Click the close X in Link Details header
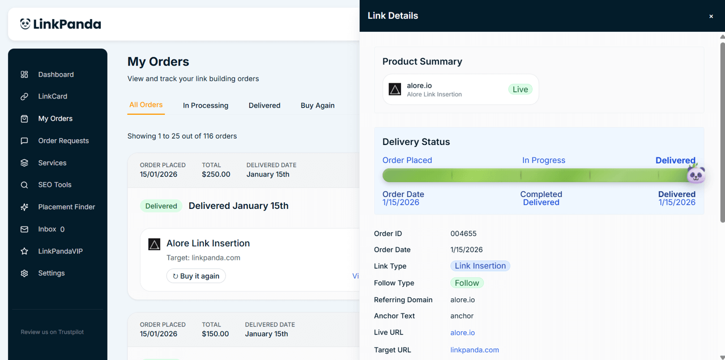pyautogui.click(x=711, y=16)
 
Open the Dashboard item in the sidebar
pyautogui.click(x=56, y=75)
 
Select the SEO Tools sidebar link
pyautogui.click(x=54, y=185)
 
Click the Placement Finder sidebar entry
pyautogui.click(x=66, y=207)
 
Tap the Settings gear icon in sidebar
pyautogui.click(x=24, y=273)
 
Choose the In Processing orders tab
pyautogui.click(x=206, y=106)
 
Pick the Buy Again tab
pyautogui.click(x=317, y=106)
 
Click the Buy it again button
pyautogui.click(x=196, y=276)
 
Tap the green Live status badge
pyautogui.click(x=520, y=89)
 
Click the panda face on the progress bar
pyautogui.click(x=696, y=174)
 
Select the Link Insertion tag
pyautogui.click(x=480, y=266)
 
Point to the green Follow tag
pyautogui.click(x=467, y=283)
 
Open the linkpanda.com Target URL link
pyautogui.click(x=475, y=350)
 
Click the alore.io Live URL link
pyautogui.click(x=463, y=333)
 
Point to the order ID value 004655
pyautogui.click(x=463, y=234)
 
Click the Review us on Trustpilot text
pyautogui.click(x=52, y=332)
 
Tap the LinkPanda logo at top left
pyautogui.click(x=61, y=24)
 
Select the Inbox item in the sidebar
pyautogui.click(x=47, y=229)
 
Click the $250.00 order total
pyautogui.click(x=216, y=174)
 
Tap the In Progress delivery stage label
pyautogui.click(x=543, y=160)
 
